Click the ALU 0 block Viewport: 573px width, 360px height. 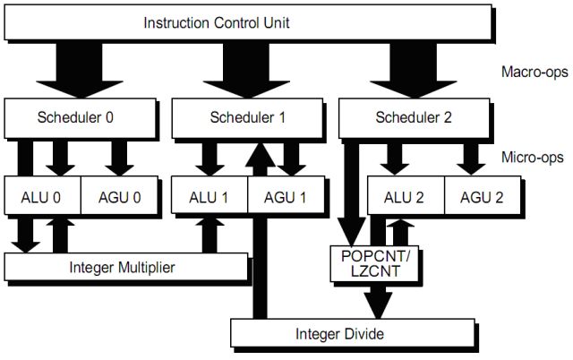pos(42,195)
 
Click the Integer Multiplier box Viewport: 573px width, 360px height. pos(125,266)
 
